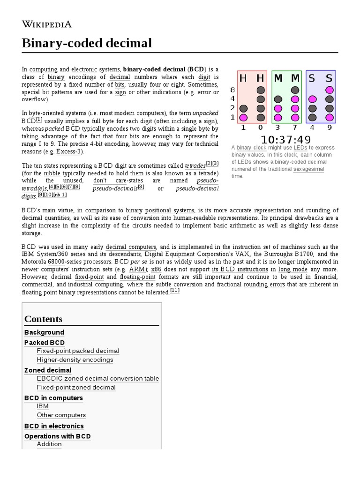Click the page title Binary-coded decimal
point(87,44)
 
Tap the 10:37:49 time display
point(285,139)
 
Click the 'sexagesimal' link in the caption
point(308,169)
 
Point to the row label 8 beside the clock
point(232,90)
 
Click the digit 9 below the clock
point(329,127)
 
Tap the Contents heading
point(43,319)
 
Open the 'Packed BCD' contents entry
point(45,342)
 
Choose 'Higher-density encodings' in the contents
point(75,360)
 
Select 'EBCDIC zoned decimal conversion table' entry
point(97,378)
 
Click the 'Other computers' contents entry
point(61,415)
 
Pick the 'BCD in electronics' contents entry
point(54,426)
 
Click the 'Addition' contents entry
point(49,444)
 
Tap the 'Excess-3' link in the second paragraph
point(69,152)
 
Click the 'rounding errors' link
point(264,285)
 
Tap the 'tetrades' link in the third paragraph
point(195,166)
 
